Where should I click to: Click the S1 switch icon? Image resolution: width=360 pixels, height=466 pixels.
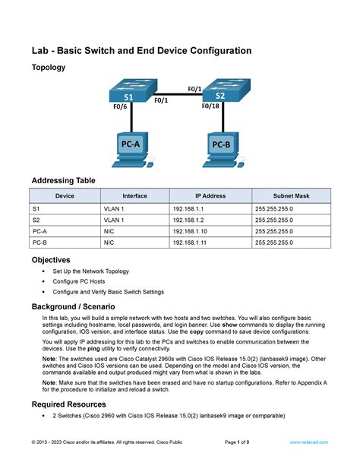pyautogui.click(x=130, y=92)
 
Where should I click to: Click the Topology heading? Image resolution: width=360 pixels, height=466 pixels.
pyautogui.click(x=48, y=68)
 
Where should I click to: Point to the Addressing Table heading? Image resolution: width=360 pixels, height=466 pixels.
pyautogui.click(x=63, y=180)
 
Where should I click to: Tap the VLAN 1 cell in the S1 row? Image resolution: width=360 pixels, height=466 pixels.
pyautogui.click(x=114, y=207)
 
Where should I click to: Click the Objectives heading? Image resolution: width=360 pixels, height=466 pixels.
pyautogui.click(x=51, y=259)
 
